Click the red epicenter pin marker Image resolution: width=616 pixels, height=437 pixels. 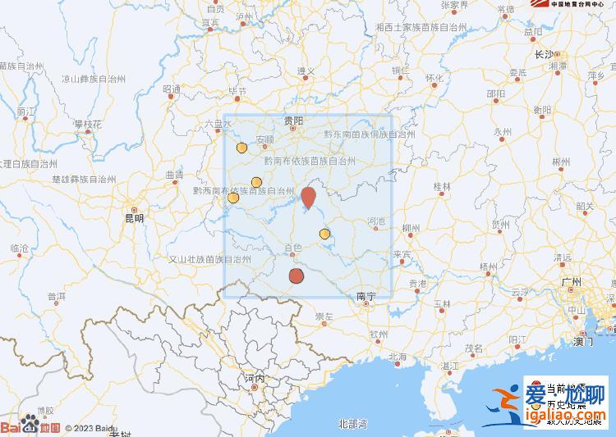(x=308, y=198)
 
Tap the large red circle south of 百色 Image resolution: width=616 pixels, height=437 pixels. (x=297, y=275)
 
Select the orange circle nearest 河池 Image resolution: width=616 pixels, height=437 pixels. (x=324, y=234)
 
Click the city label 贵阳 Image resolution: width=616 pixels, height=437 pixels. (x=293, y=121)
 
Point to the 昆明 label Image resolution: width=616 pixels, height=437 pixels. (x=133, y=218)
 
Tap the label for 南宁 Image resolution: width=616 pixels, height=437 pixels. (x=365, y=295)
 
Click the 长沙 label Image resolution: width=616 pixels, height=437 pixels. (x=545, y=54)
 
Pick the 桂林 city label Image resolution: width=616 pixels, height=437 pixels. (x=442, y=187)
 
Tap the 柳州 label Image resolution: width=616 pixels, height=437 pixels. (x=411, y=229)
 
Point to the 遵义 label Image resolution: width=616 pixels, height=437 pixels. (x=306, y=71)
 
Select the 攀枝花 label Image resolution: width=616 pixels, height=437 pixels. (x=87, y=124)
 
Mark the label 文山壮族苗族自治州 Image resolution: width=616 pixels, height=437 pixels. (x=209, y=258)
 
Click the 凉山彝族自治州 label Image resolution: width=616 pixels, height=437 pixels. (x=94, y=80)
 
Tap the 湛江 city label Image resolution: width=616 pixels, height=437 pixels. (x=450, y=365)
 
